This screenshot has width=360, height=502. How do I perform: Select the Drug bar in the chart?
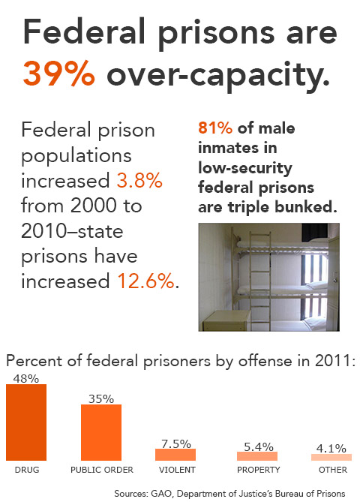pyautogui.click(x=26, y=422)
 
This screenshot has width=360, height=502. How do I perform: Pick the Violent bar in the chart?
pyautogui.click(x=175, y=455)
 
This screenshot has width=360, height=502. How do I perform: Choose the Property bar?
pyautogui.click(x=256, y=455)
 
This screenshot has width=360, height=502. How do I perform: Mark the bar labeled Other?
pyautogui.click(x=331, y=457)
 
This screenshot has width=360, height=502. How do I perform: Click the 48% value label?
pyautogui.click(x=25, y=379)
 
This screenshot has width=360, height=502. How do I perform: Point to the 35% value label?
pyautogui.click(x=100, y=398)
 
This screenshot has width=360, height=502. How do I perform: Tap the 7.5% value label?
pyautogui.click(x=176, y=443)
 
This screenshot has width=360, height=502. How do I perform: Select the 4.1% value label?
pyautogui.click(x=331, y=448)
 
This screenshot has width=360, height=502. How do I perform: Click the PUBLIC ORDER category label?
pyautogui.click(x=101, y=470)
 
